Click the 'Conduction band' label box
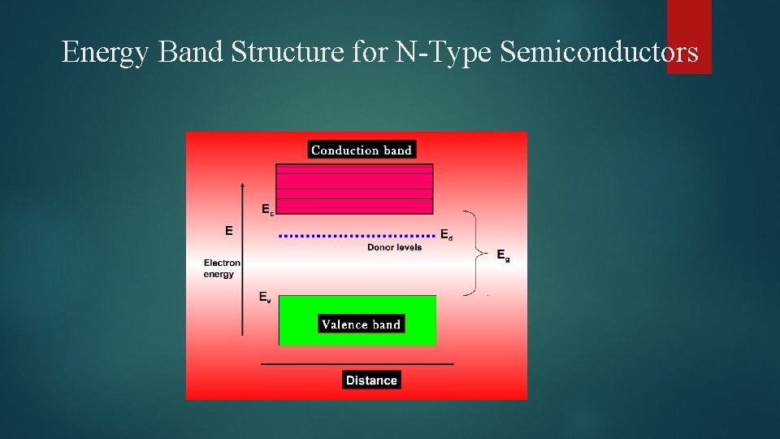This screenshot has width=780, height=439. coord(362,150)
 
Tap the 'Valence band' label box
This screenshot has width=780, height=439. coord(361,324)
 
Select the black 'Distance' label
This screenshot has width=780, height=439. coord(371,380)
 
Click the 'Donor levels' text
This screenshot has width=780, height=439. coord(395,247)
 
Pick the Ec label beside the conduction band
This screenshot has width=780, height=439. coord(267,209)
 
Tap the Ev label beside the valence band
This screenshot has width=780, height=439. coord(266,298)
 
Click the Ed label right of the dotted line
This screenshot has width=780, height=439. coord(447,235)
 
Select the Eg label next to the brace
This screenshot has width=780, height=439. coord(504,255)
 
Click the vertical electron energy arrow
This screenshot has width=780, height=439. coord(242,260)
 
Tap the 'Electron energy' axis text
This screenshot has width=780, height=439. coord(221,268)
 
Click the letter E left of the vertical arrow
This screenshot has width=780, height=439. coord(228,230)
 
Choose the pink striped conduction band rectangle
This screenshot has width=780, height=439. coord(354,189)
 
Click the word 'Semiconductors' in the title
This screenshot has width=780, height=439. coord(599,53)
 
